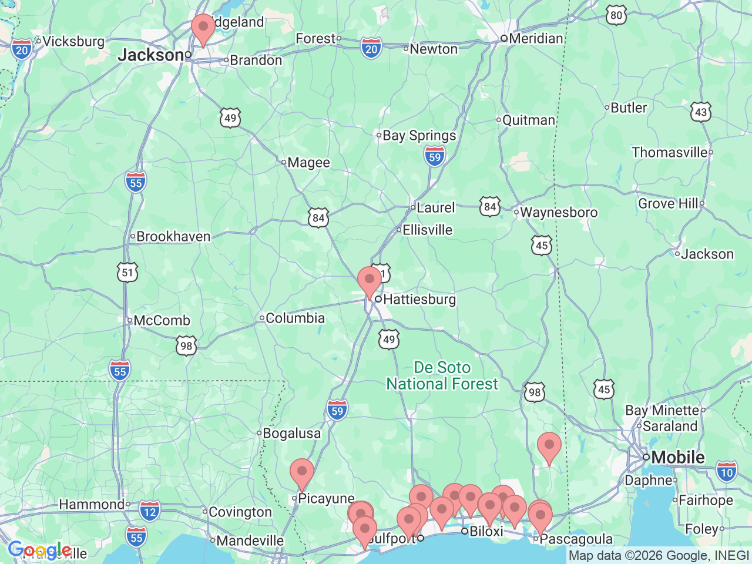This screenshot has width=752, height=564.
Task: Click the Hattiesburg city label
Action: tap(419, 300)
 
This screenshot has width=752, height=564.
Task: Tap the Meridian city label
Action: tap(535, 39)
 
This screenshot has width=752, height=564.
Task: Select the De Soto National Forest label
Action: tap(442, 376)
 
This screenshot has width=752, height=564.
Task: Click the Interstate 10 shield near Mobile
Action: tap(727, 472)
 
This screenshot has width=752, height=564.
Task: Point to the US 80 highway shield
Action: tap(616, 16)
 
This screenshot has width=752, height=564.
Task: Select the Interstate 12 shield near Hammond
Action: tap(150, 511)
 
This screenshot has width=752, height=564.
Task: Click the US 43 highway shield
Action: tap(701, 113)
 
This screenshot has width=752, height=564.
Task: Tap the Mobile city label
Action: tap(677, 457)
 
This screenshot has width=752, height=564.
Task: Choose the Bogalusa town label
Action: tap(291, 434)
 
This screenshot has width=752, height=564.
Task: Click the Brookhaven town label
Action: tap(173, 237)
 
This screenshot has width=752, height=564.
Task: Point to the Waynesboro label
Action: tap(558, 213)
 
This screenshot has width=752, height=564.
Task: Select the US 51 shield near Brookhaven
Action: tap(127, 273)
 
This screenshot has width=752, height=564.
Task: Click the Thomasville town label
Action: tap(670, 153)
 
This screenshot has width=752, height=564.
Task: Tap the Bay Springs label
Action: tap(419, 136)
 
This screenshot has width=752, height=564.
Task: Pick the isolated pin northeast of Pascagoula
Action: tap(549, 447)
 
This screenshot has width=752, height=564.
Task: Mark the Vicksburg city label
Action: tap(73, 42)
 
